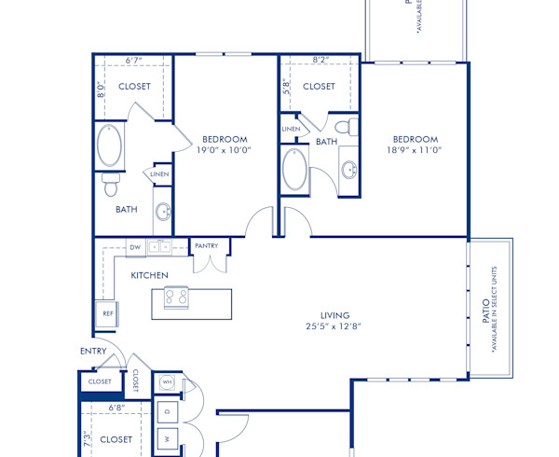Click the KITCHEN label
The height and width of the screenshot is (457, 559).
tap(149, 275)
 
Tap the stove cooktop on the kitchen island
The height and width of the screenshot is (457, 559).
tap(176, 298)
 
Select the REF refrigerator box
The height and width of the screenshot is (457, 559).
tap(107, 314)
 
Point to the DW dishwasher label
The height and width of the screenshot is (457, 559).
tap(135, 247)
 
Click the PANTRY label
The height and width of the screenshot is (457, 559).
tap(207, 246)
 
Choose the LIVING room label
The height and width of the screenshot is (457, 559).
tap(319, 315)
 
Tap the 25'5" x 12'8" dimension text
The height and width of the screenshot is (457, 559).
tap(319, 327)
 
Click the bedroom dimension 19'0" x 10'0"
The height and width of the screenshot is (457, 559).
tap(224, 149)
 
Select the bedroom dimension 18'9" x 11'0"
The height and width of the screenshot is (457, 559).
tap(415, 149)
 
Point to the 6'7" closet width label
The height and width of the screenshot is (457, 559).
tap(134, 61)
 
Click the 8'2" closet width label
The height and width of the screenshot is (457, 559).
tap(320, 61)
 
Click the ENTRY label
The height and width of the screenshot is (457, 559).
tap(93, 352)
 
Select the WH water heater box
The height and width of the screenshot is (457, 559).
tap(168, 382)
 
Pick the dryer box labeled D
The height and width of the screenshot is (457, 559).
tap(168, 411)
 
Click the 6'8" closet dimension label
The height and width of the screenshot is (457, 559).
tap(116, 408)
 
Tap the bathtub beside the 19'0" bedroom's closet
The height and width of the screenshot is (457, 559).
tap(109, 145)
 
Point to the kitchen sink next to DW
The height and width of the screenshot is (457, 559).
tap(161, 247)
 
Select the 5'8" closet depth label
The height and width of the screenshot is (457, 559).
tap(287, 85)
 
